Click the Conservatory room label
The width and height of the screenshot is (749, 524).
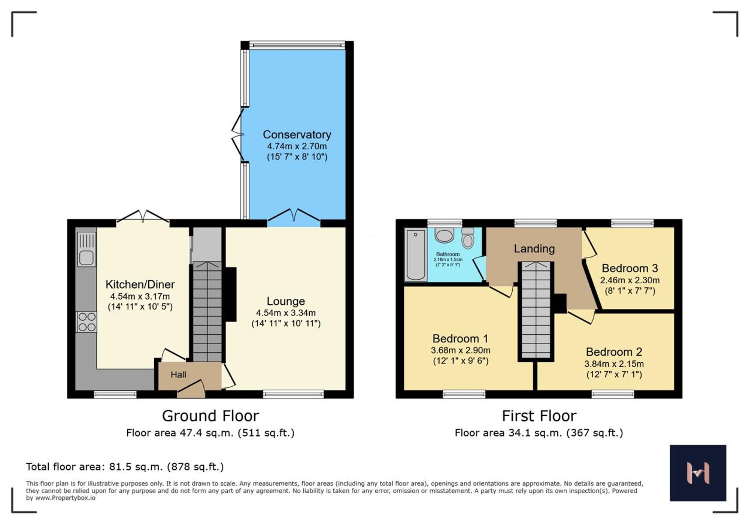tap(297, 134)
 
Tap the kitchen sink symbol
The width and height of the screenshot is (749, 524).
tap(87, 249)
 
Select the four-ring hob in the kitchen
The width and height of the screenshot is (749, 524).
tap(87, 322)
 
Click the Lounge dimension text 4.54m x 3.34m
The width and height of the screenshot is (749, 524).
tap(286, 313)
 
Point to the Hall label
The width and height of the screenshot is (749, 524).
tap(178, 375)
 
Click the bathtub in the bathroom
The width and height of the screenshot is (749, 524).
tap(416, 255)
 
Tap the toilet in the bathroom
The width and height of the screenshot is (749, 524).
tap(468, 238)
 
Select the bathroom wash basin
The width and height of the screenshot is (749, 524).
tap(445, 236)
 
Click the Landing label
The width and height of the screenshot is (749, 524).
tap(534, 249)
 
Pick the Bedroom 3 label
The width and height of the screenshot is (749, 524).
tap(630, 268)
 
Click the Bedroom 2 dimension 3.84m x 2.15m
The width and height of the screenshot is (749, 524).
tap(614, 364)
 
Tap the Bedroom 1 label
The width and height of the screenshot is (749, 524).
tap(460, 339)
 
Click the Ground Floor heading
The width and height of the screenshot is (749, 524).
tap(210, 416)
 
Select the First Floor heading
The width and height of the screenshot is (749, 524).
tap(539, 416)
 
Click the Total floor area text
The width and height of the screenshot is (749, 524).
tap(125, 467)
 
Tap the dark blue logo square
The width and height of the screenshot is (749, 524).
tap(698, 473)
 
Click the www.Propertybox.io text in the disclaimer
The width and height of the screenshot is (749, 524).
tap(65, 498)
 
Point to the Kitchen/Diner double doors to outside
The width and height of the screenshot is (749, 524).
tap(143, 219)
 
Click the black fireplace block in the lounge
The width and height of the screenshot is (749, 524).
tap(231, 294)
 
